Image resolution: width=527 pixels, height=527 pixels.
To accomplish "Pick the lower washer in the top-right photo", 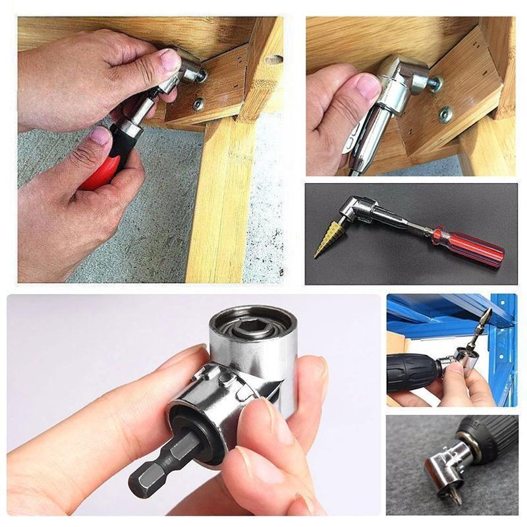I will coord(446,114).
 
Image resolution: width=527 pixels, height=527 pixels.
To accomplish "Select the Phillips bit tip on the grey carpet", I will coord(455,492).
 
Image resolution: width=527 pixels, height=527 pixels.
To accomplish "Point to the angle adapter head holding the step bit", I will coord(350,211).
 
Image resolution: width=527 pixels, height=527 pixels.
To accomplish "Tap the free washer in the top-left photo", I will coord(198,103).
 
